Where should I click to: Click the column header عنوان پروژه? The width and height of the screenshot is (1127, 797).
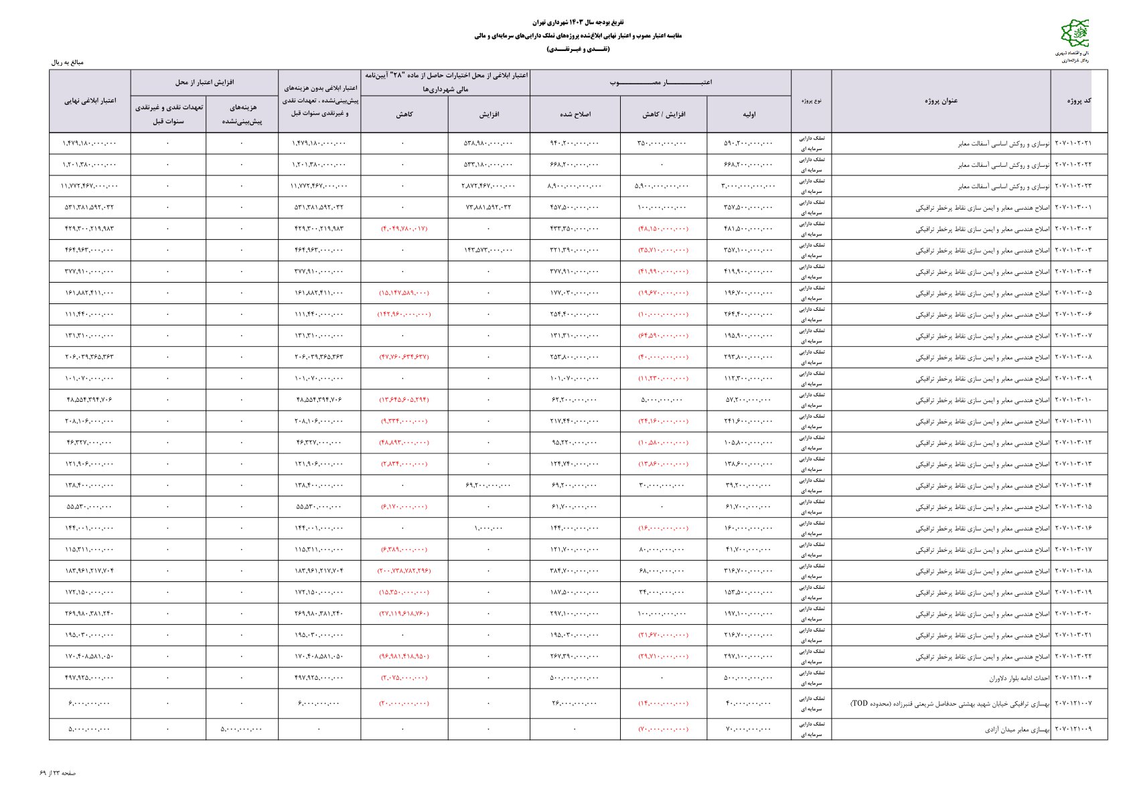[x=941, y=100]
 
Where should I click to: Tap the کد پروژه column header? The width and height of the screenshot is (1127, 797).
[x=1078, y=100]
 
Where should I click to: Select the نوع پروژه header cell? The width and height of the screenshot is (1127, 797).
[x=811, y=100]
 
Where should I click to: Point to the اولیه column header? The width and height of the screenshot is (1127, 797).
[x=749, y=115]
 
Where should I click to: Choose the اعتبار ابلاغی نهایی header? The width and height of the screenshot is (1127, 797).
[x=90, y=100]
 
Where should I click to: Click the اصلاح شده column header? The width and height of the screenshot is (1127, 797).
[x=575, y=115]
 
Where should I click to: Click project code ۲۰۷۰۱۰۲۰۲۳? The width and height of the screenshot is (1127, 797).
[x=1073, y=186]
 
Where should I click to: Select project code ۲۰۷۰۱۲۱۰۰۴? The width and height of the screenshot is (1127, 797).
[x=1073, y=678]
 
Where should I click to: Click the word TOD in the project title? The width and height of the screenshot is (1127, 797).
[x=860, y=704]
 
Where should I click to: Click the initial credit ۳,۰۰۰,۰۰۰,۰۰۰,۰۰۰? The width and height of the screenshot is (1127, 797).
[x=749, y=186]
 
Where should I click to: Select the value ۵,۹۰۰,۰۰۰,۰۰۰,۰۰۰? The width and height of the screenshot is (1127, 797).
[x=663, y=186]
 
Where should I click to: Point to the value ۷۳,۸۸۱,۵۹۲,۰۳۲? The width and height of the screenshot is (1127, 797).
[x=488, y=208]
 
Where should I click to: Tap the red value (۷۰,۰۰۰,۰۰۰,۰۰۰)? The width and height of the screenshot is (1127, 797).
[x=663, y=729]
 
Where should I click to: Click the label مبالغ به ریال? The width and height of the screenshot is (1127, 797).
[x=68, y=62]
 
